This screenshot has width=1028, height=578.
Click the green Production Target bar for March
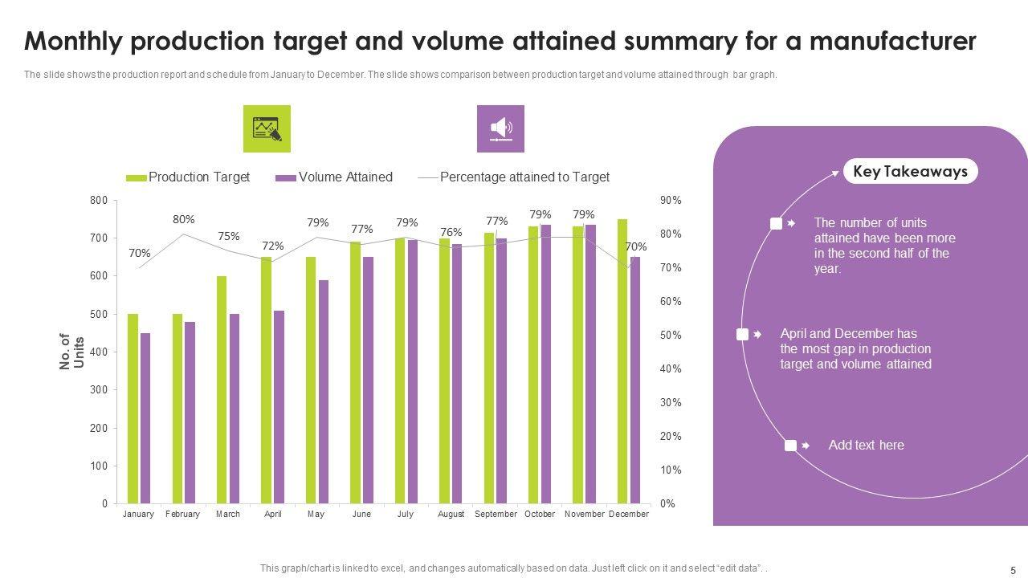tap(222, 389)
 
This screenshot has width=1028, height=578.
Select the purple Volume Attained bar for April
tap(279, 407)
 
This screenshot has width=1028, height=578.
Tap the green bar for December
tap(622, 361)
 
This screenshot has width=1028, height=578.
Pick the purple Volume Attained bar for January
tap(145, 418)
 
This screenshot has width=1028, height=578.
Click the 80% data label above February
tap(183, 219)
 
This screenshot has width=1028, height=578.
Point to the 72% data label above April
tap(273, 246)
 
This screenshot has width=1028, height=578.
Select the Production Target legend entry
tap(189, 177)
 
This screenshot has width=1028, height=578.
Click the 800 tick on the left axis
tap(99, 200)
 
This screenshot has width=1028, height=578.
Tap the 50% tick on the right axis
tap(671, 336)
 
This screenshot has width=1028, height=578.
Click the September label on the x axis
tap(496, 514)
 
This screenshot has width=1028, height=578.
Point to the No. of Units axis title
tap(71, 352)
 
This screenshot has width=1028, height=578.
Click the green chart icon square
tap(267, 128)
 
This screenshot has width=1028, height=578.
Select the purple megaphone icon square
tap(500, 128)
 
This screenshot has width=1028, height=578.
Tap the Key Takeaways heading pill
tap(910, 171)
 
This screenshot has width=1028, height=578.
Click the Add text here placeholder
tap(866, 446)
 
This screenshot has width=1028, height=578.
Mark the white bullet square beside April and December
tap(742, 334)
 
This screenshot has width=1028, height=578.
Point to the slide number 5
tap(1013, 570)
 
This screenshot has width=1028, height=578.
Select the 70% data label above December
tap(636, 246)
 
